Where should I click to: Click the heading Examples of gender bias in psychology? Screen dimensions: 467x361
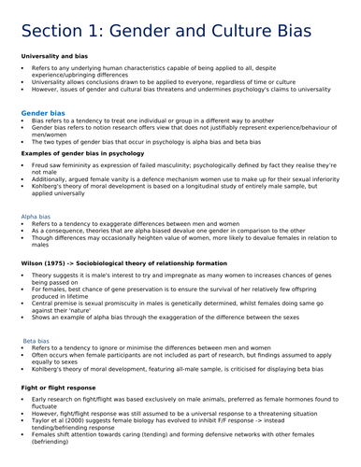click(x=82, y=151)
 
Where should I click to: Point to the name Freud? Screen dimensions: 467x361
click(x=40, y=164)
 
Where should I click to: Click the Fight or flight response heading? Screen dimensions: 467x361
click(x=62, y=387)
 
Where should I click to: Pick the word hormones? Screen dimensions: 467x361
click(x=294, y=400)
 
